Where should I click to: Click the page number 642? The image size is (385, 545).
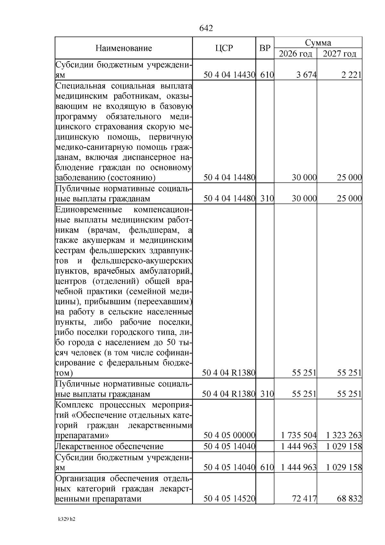[x=206, y=28]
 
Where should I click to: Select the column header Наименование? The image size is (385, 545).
[x=124, y=48]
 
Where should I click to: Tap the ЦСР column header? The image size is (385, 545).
[x=224, y=48]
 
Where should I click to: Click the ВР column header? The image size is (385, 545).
[x=265, y=48]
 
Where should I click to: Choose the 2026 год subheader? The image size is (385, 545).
[x=295, y=54]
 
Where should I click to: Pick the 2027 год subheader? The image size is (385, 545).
[x=339, y=54]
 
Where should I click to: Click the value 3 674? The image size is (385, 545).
[x=306, y=75]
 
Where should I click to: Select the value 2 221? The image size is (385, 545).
[x=352, y=75]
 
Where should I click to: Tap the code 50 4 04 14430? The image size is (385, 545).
[x=229, y=75]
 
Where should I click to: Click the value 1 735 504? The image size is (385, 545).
[x=298, y=435]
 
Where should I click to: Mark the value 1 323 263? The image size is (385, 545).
[x=344, y=435]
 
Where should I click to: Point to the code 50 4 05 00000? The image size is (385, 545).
[x=229, y=435]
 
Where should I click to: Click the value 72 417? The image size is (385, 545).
[x=304, y=499]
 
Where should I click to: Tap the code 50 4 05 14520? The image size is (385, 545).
[x=229, y=499]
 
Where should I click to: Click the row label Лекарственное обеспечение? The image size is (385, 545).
[x=109, y=446]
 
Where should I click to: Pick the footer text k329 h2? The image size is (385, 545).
[x=66, y=519]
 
